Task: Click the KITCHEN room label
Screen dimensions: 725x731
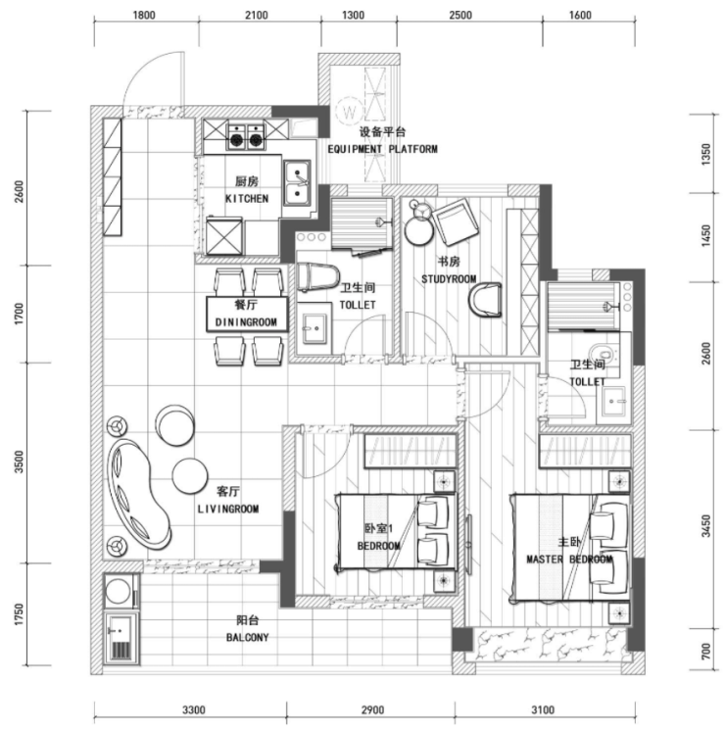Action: [x=247, y=199]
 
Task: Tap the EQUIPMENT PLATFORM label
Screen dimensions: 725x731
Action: [x=382, y=149]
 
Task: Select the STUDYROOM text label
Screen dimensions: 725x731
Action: [x=449, y=279]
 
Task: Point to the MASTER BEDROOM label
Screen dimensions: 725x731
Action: [x=569, y=559]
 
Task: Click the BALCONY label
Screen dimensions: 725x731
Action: [x=248, y=637]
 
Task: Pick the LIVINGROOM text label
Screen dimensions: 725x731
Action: [x=228, y=509]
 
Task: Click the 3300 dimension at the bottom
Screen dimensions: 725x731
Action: [x=193, y=710]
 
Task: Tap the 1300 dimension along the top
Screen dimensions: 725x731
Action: [x=353, y=16]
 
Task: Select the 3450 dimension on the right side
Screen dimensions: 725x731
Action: [x=706, y=526]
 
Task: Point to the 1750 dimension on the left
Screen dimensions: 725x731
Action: [x=19, y=614]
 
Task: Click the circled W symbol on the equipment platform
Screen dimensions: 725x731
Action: [x=349, y=112]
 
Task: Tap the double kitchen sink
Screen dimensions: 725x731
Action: [x=298, y=183]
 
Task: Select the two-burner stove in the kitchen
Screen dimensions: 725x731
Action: [x=246, y=136]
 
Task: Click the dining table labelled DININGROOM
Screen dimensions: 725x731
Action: [x=247, y=315]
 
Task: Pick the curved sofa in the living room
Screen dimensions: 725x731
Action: [x=138, y=494]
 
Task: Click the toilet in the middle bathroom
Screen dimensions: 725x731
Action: [x=317, y=277]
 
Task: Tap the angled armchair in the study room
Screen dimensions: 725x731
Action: [x=456, y=222]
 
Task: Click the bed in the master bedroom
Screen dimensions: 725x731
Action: [x=571, y=548]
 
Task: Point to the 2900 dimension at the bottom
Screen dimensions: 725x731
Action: [x=372, y=710]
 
